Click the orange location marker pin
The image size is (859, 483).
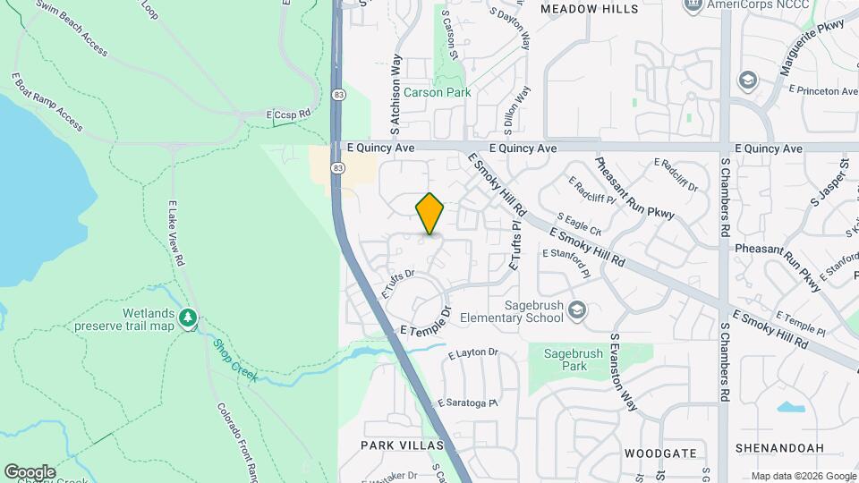(429, 214)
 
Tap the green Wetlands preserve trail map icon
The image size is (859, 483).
(188, 318)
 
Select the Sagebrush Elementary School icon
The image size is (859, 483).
(577, 309)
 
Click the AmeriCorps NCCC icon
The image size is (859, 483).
(691, 5)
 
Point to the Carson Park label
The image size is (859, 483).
(437, 92)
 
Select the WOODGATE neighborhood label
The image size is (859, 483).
(659, 453)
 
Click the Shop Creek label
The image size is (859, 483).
(235, 360)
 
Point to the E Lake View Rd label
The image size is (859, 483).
(174, 233)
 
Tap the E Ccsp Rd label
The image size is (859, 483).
(288, 114)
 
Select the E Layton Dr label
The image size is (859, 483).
(473, 353)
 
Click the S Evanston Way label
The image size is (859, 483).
(625, 373)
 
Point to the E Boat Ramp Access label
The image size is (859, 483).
(47, 102)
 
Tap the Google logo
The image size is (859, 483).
(30, 471)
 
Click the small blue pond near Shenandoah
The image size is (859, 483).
(789, 409)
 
